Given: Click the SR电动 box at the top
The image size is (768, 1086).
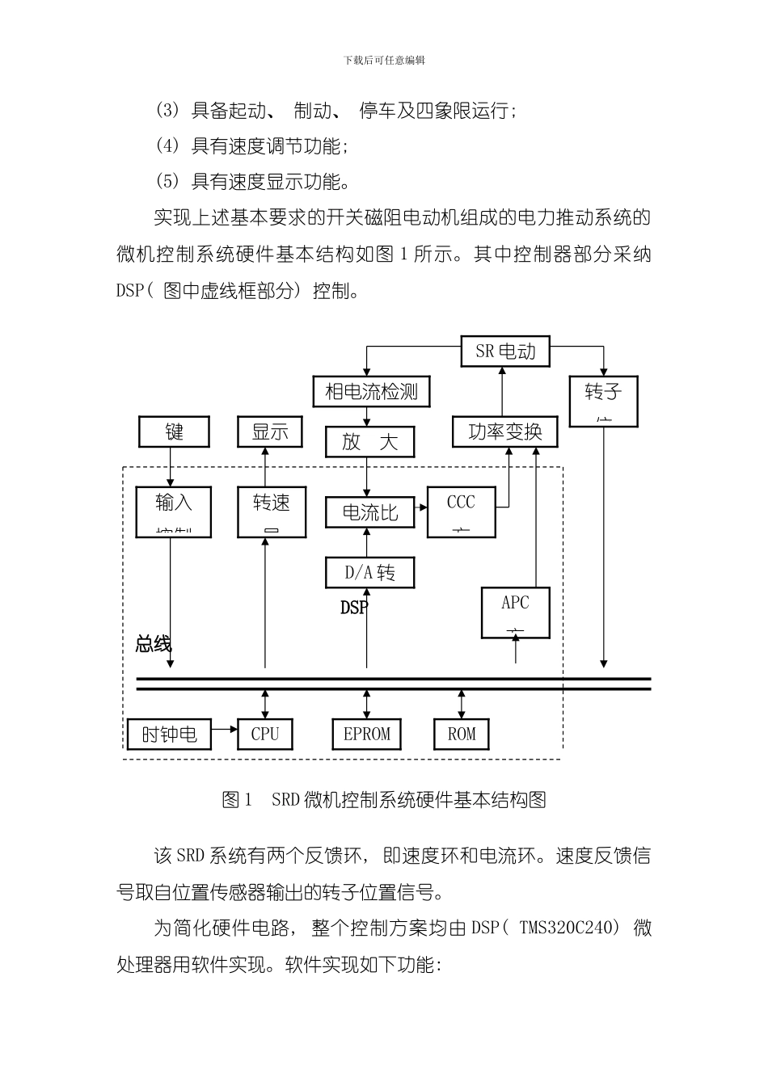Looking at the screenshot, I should point(505,351).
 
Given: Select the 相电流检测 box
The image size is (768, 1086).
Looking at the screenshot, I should point(371,392).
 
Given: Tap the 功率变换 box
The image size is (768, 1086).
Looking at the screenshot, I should point(505,432).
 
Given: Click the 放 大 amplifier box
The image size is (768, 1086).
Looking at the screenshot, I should point(370,442).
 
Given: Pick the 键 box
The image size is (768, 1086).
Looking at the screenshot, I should point(174,431).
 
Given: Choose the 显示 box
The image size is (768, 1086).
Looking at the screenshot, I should point(270,431).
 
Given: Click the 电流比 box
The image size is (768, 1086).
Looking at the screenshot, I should point(370,512).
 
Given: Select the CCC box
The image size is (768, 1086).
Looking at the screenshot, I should point(461,511).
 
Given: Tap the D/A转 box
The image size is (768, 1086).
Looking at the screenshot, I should point(369,573).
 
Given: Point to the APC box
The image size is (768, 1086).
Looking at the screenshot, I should point(515,612).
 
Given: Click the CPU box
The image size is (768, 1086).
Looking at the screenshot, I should point(264,734).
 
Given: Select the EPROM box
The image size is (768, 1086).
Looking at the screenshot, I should point(367,734).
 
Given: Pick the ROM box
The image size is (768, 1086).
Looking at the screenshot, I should point(462,734).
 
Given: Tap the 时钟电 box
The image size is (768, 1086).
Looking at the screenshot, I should point(169,735).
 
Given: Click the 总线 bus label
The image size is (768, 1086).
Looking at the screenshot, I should point(153,644).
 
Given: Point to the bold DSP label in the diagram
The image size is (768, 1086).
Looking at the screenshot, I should point(354,607).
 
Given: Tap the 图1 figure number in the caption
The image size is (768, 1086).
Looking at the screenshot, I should point(237,800).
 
